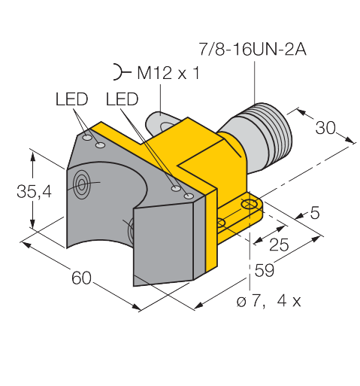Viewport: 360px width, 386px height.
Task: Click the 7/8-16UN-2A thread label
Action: (253, 49)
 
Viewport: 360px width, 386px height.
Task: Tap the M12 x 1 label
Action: (168, 73)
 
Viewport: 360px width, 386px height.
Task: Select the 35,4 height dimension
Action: (34, 191)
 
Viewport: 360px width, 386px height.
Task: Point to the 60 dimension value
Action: (81, 278)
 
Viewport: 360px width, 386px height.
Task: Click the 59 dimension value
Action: (265, 270)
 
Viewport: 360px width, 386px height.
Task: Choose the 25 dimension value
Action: (279, 245)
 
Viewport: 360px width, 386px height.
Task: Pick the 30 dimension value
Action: (325, 127)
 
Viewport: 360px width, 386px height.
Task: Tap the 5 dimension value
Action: (315, 213)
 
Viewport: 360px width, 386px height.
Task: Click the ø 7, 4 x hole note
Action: (268, 301)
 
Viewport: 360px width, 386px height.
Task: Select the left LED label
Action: (71, 99)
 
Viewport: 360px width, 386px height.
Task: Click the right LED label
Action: (122, 99)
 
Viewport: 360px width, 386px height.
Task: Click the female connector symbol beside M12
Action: (120, 72)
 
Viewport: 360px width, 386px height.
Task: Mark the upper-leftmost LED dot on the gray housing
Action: (87, 138)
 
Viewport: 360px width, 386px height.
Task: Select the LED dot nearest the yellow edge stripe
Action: (189, 196)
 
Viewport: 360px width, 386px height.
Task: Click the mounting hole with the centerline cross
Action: (249, 204)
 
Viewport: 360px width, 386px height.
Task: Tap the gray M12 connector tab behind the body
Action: (160, 123)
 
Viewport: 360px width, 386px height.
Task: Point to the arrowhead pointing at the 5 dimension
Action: (300, 215)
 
